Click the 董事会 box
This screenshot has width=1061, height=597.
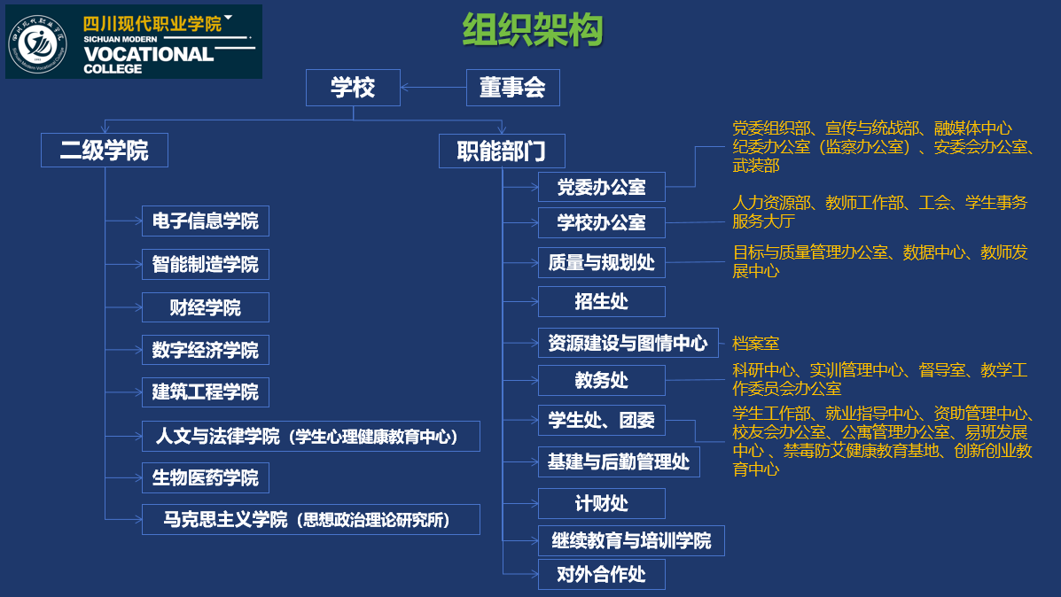click(x=512, y=88)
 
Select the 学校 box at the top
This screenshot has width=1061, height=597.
click(x=353, y=88)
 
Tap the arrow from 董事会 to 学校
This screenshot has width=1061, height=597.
click(x=433, y=87)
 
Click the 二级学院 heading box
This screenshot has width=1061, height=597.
click(x=104, y=150)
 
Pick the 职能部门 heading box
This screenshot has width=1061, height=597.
click(x=502, y=151)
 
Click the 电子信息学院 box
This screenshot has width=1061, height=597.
click(x=205, y=221)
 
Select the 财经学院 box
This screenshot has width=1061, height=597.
click(x=205, y=307)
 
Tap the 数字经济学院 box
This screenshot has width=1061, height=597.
click(x=205, y=350)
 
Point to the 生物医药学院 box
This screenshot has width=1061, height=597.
click(x=205, y=477)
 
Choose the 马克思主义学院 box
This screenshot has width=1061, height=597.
click(x=310, y=519)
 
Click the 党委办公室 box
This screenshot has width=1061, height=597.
click(x=601, y=187)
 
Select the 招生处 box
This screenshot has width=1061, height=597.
click(x=601, y=301)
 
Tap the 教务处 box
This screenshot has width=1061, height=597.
click(x=601, y=380)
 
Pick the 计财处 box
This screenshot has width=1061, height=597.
click(x=601, y=503)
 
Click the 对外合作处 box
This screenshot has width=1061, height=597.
click(x=601, y=574)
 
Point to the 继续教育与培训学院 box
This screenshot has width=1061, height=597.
click(x=630, y=540)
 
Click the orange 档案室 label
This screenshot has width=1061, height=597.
click(x=755, y=343)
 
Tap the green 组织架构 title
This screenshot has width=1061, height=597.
click(x=532, y=30)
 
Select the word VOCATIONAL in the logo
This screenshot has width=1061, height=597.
click(x=148, y=53)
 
